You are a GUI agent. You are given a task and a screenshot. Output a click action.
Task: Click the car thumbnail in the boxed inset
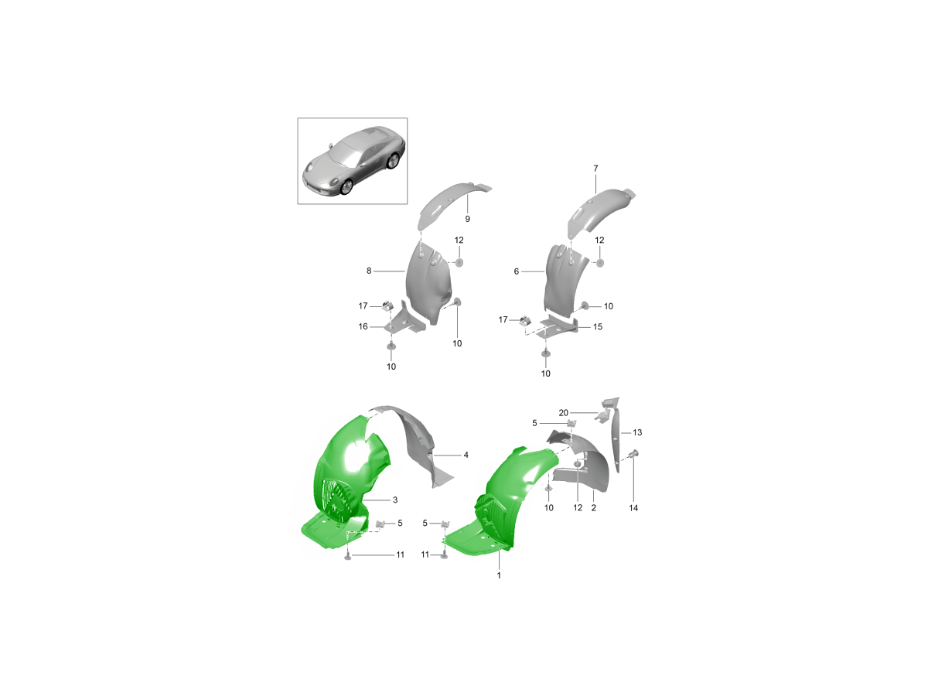point(354,162)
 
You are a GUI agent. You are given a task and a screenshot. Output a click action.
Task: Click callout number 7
point(595,168)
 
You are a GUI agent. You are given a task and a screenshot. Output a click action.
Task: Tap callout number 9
point(467,219)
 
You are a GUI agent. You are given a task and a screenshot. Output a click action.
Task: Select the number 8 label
point(369,271)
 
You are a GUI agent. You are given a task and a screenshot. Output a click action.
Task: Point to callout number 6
point(517,271)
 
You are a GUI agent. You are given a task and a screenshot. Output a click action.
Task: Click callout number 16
point(363,326)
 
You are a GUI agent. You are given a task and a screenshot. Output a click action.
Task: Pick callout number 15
point(597,326)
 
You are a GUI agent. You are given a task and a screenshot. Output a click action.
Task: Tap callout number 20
point(563,413)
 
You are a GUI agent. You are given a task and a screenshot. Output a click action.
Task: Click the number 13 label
point(637,432)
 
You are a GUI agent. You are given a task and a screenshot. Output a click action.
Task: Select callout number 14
point(633,508)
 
